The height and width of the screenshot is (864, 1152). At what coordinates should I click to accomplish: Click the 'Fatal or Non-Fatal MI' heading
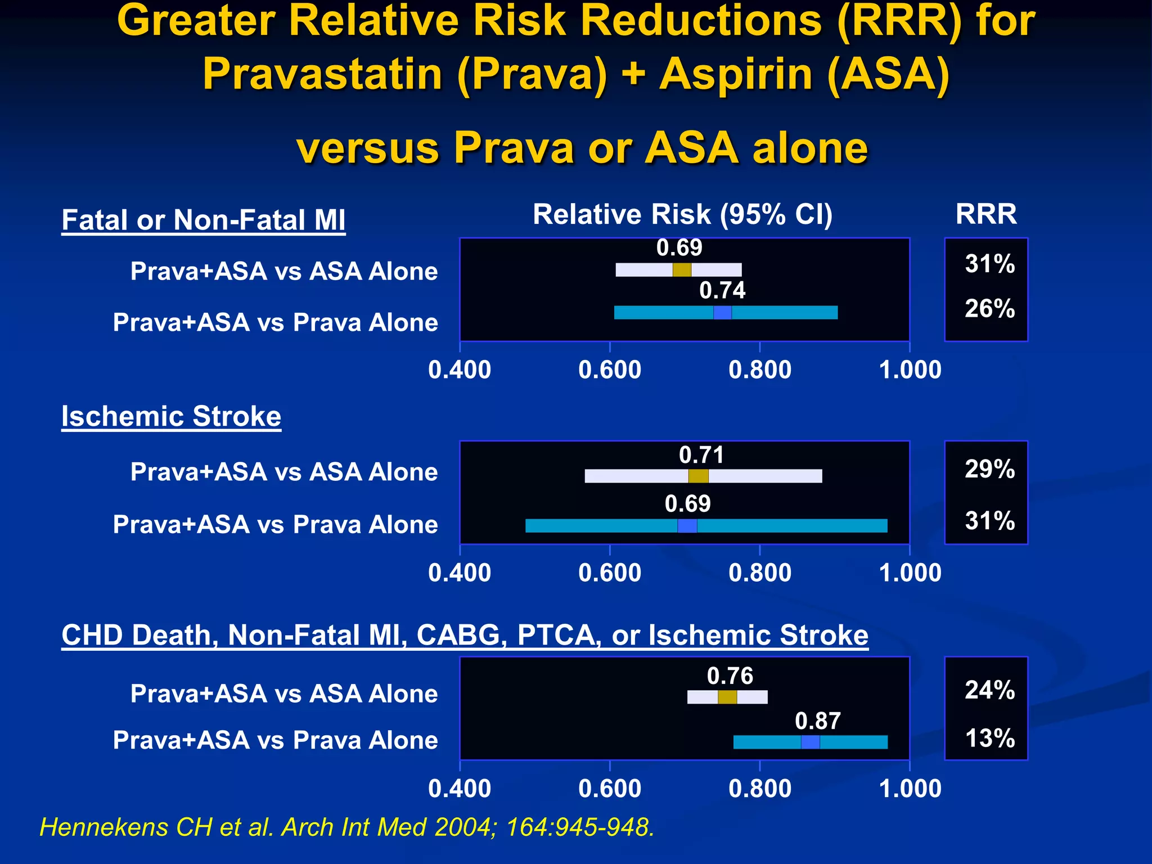[x=203, y=220]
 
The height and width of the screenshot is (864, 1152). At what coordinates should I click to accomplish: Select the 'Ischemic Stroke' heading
[x=171, y=417]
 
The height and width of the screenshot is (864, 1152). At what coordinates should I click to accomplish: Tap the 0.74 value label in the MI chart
[x=722, y=291]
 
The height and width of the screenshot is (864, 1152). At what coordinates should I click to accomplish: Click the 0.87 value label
[x=818, y=721]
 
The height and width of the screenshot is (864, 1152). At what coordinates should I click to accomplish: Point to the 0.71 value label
[x=701, y=455]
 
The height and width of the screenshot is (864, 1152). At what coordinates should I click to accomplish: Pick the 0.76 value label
[x=730, y=676]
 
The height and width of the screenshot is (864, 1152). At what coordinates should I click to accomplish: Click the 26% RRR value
[x=989, y=309]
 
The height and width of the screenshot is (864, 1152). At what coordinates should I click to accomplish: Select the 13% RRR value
[x=989, y=739]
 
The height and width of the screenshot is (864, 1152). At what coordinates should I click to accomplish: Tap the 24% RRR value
[x=989, y=690]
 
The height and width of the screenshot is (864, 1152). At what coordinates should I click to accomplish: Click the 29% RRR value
[x=989, y=469]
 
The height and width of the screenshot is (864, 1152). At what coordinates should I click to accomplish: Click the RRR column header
[x=986, y=214]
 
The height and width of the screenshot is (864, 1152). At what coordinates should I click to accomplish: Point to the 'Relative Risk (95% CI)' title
[x=682, y=214]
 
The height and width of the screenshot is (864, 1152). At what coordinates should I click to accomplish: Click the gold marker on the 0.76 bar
[x=727, y=697]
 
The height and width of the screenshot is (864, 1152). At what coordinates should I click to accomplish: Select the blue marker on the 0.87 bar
[x=811, y=742]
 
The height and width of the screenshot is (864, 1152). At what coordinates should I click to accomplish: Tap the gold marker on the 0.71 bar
[x=699, y=476]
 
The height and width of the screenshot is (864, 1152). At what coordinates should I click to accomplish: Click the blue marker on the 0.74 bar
[x=722, y=313]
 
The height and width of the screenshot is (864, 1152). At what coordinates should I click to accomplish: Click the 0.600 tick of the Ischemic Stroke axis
[x=610, y=573]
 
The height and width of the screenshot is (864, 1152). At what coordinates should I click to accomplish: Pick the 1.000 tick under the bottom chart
[x=910, y=789]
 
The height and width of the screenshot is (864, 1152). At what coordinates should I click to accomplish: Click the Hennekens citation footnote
[x=347, y=827]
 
